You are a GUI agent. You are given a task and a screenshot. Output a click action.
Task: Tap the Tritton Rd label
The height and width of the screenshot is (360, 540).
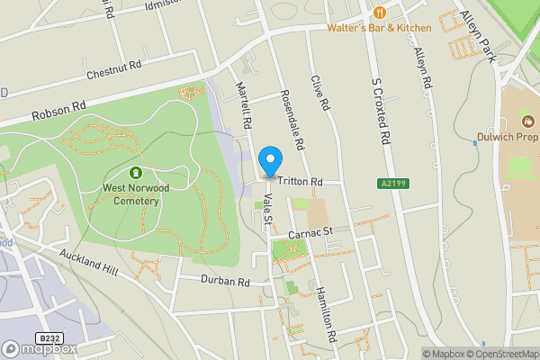(x=300, y=182)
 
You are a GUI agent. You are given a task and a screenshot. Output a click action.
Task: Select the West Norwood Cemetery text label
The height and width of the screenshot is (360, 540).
(x=131, y=194)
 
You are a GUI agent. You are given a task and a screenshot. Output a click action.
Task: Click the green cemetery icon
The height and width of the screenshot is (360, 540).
(x=135, y=172)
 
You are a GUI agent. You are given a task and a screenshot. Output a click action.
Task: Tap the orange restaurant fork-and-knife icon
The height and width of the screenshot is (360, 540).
(x=379, y=13)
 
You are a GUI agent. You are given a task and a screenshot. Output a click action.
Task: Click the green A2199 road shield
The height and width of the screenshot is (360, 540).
(x=388, y=184)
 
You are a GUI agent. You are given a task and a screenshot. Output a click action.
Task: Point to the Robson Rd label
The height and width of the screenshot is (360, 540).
(x=58, y=111)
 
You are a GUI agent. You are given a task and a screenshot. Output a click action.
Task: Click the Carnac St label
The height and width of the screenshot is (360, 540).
(x=310, y=232)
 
